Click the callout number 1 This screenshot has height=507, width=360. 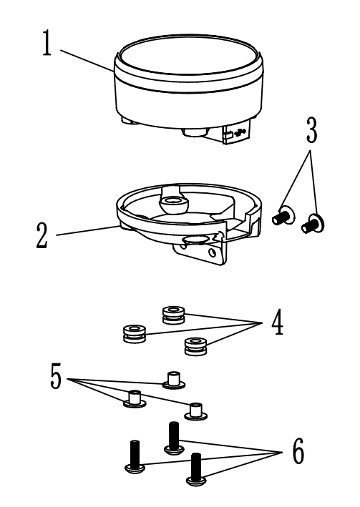coord(47,43)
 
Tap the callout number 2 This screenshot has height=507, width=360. coord(42,236)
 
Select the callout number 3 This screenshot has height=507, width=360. coord(312,130)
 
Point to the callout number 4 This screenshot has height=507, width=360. coord(278,323)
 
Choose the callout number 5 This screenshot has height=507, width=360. coord(56,375)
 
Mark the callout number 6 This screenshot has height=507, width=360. coord(298,451)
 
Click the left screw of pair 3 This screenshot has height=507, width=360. coord(283,216)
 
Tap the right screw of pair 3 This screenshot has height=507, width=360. coord(313,223)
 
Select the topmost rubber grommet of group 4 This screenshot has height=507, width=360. coord(174,315)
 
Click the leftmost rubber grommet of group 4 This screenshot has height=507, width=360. coord(135,333)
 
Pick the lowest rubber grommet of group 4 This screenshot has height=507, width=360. coord(195,346)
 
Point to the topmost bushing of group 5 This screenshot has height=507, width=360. coord(174,380)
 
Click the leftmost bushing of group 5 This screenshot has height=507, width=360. coord(135,399)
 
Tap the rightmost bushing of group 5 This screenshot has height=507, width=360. coord(195,412)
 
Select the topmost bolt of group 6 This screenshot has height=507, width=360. coord(174,438)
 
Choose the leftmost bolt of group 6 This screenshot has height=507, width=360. coord(135,457)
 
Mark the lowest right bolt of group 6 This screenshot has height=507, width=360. coord(196,470)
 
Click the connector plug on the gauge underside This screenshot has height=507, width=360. coord(235,132)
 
